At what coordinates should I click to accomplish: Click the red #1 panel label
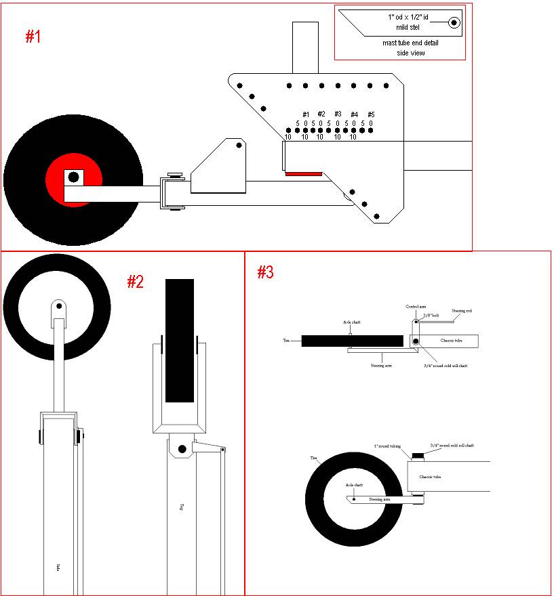coord(33,37)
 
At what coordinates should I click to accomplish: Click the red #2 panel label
coord(136,282)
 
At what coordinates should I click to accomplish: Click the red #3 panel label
coord(265,272)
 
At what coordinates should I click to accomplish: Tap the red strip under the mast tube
coord(304,174)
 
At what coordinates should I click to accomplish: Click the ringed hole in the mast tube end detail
coord(454,23)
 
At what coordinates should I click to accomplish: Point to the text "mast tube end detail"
coord(410,43)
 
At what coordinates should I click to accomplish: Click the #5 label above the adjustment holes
coord(371,114)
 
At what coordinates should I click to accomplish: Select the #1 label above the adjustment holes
coord(306,114)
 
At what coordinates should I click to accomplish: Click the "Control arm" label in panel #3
coord(415,307)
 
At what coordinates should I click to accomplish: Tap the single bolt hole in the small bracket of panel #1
coord(239,146)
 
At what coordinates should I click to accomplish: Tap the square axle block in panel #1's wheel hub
coord(73,177)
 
